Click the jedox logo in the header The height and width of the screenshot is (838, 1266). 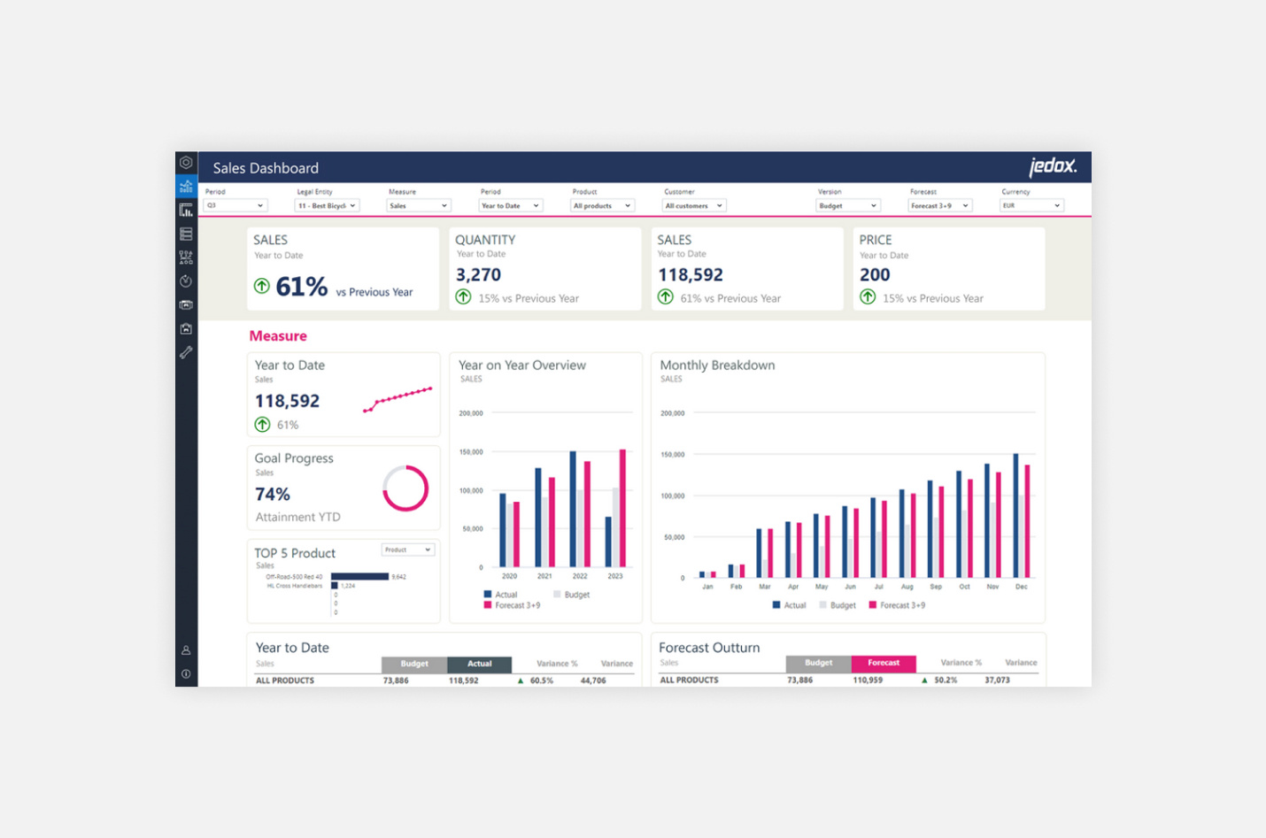1052,166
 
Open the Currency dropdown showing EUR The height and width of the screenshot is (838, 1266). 1031,205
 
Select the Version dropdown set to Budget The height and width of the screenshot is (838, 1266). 847,205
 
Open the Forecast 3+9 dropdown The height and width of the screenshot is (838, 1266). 939,205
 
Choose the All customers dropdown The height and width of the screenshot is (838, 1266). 694,205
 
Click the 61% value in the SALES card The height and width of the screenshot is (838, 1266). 301,287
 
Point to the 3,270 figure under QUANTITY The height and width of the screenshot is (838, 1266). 478,275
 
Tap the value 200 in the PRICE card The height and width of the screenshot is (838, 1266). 875,275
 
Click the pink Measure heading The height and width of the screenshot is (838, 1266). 278,336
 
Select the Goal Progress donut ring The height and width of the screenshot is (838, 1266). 405,488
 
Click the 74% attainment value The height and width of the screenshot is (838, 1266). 273,495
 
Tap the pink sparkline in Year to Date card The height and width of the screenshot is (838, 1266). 398,399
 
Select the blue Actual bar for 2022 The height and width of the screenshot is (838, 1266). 573,509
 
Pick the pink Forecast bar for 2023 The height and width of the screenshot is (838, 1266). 622,508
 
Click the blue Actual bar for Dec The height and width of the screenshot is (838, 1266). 1015,515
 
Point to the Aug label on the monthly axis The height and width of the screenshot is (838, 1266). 907,587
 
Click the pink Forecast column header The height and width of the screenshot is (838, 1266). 883,663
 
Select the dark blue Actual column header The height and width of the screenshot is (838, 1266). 479,664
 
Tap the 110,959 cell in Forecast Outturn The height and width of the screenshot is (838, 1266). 867,680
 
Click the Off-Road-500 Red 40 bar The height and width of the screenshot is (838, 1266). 359,577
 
